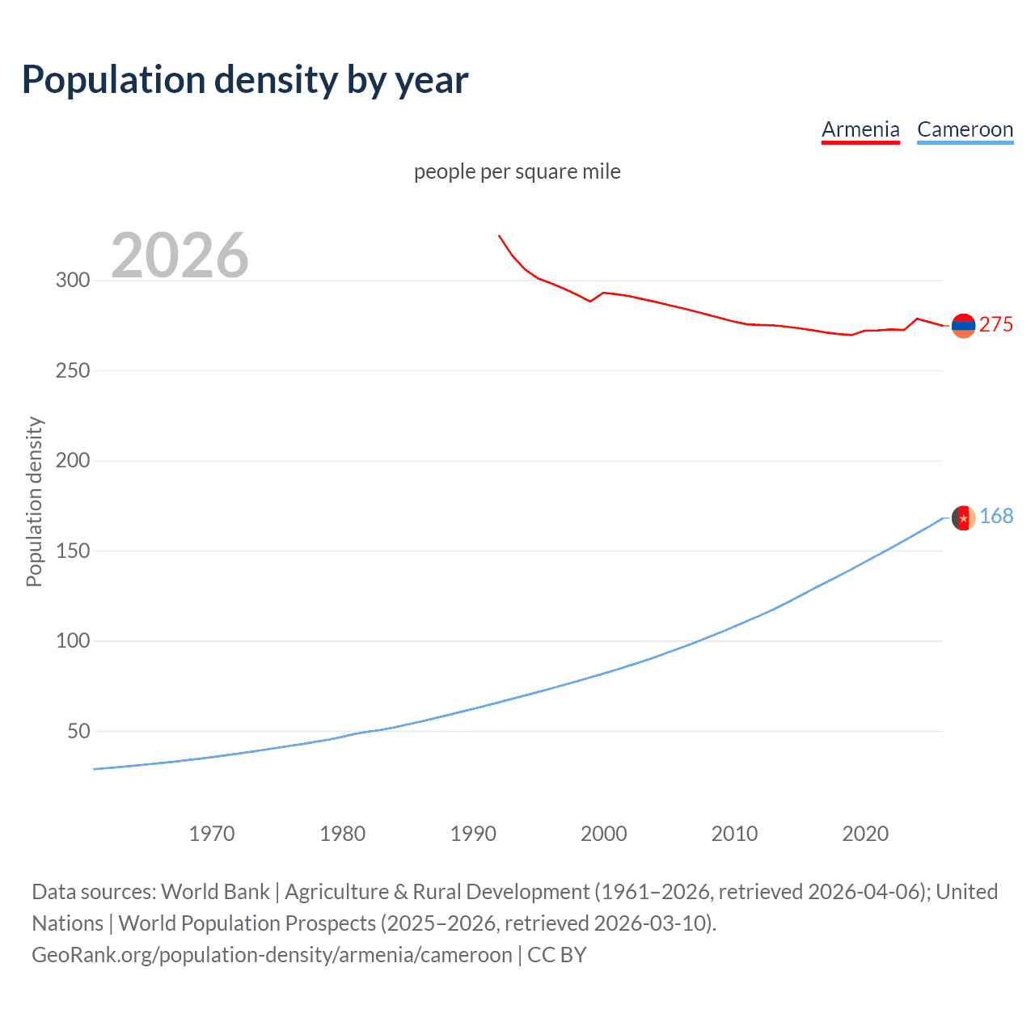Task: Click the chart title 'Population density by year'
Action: [245, 80]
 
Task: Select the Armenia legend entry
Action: [860, 129]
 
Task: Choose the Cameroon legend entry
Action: [965, 129]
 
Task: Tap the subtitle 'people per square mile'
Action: [517, 171]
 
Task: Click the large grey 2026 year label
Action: [180, 256]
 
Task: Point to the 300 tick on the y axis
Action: [73, 281]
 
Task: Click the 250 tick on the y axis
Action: [73, 370]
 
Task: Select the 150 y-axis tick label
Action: [73, 551]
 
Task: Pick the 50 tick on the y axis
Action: [78, 731]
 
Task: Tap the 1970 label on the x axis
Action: [212, 834]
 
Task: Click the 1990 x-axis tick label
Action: [473, 834]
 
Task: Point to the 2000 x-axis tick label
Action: [604, 834]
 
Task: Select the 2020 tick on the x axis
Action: [865, 834]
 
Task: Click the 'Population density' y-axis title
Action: [34, 501]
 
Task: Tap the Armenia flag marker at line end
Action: [963, 326]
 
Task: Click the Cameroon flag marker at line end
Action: [963, 517]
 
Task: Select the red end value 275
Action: [996, 324]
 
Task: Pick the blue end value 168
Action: [996, 516]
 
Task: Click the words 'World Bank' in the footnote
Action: [215, 892]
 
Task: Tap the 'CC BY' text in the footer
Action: [557, 955]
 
